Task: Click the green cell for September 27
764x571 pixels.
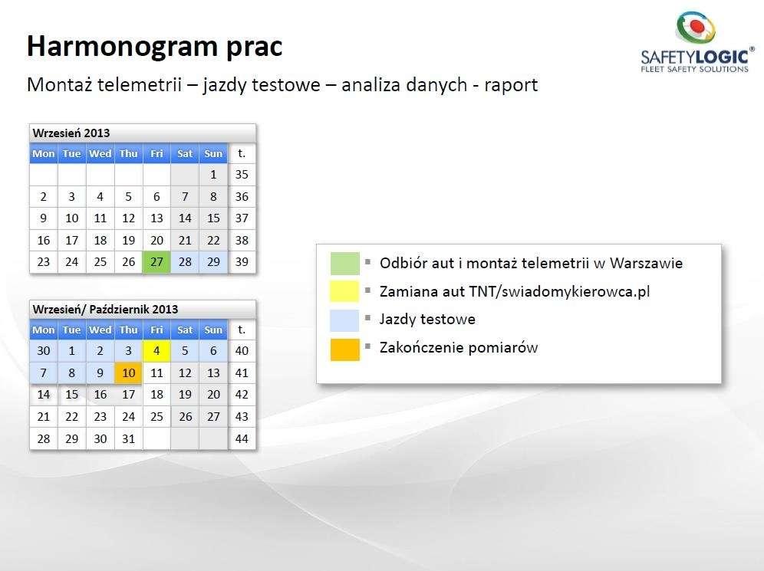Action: (x=156, y=262)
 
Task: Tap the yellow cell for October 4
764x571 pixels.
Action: (x=156, y=350)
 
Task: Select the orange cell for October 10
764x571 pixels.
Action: (x=128, y=373)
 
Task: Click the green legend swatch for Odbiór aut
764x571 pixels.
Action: (x=345, y=264)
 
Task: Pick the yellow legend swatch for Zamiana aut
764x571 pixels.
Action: (x=345, y=291)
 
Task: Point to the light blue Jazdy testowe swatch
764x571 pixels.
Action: (x=345, y=320)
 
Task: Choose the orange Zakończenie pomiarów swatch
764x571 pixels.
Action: (x=345, y=349)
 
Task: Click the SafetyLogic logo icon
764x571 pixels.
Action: (x=695, y=29)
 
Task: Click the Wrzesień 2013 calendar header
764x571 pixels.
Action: (x=142, y=133)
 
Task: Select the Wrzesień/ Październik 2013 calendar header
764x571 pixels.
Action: (x=142, y=309)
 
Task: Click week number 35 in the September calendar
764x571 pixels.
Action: (x=242, y=174)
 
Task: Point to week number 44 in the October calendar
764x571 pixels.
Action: (x=242, y=438)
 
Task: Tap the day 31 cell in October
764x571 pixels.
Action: (x=128, y=438)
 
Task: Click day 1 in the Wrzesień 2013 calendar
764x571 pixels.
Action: (x=213, y=174)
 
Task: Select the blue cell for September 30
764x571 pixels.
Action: (x=44, y=350)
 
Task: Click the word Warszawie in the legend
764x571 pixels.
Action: (x=646, y=264)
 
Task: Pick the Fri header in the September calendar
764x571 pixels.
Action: (x=156, y=153)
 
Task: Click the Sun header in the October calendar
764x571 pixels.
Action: (x=213, y=330)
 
